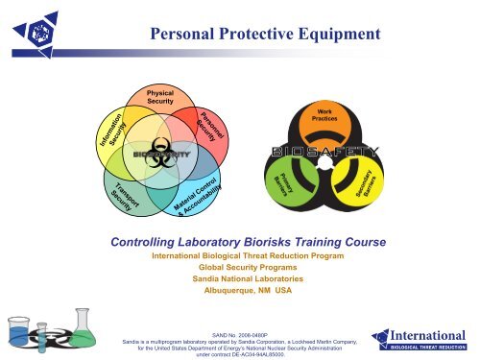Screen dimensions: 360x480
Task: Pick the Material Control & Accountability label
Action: tap(198, 196)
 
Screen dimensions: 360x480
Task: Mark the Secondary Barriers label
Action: tap(365, 184)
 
